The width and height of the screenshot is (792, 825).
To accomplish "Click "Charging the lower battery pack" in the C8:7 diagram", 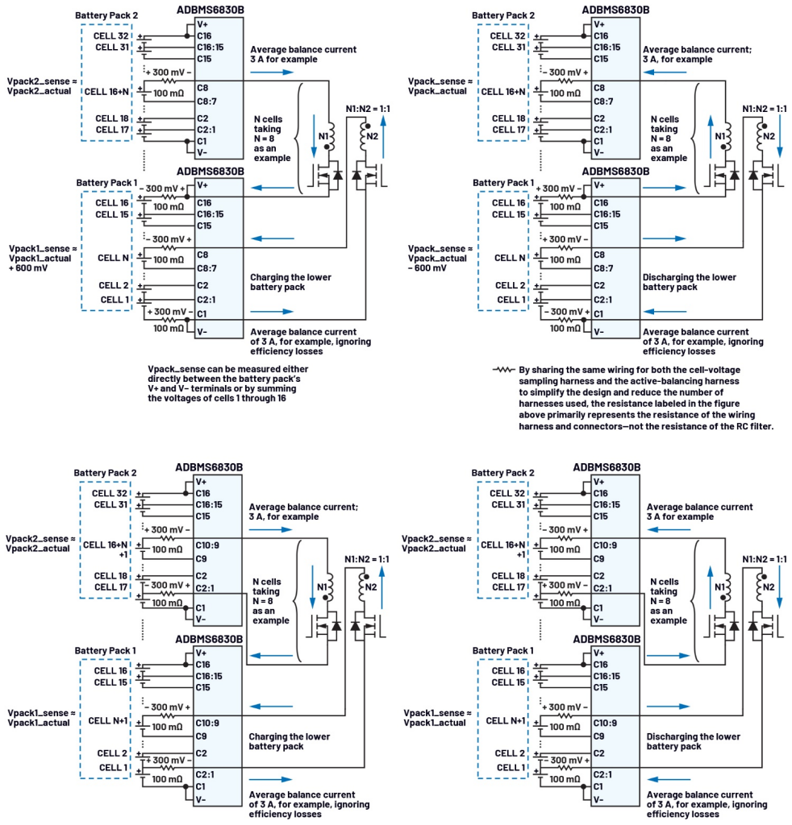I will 290,282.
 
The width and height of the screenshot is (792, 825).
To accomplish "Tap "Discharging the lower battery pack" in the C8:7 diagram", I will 689,282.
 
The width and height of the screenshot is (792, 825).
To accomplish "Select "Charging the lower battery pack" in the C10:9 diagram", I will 290,741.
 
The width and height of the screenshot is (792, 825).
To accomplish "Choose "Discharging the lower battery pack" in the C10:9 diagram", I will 693,741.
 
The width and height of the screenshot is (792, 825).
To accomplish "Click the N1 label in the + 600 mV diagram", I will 323,136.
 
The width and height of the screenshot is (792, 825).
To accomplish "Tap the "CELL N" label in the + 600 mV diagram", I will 113,257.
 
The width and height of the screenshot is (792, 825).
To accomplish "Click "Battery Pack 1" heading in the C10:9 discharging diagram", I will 502,650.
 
